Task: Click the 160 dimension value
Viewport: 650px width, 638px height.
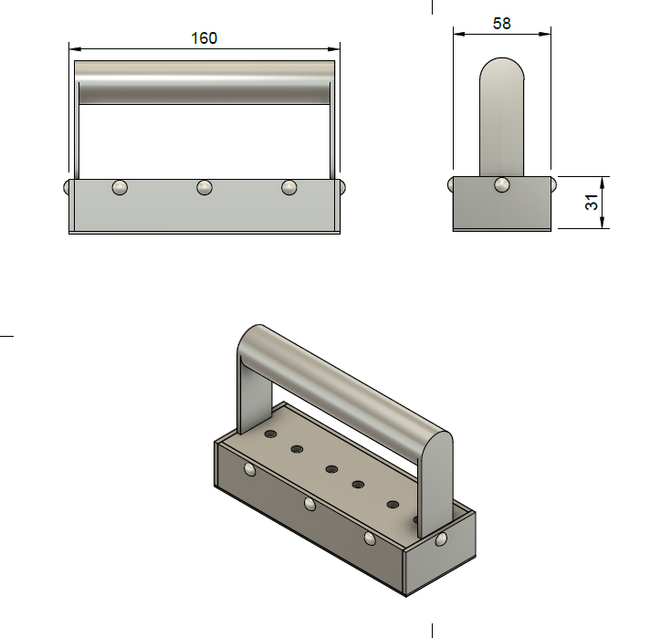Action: (204, 37)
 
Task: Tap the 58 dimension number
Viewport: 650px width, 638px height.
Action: (501, 24)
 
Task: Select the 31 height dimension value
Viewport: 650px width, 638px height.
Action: (593, 203)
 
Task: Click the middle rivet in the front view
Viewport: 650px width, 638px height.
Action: (204, 187)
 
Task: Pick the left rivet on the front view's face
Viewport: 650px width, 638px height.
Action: (120, 187)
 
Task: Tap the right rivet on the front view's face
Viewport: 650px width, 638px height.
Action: (289, 187)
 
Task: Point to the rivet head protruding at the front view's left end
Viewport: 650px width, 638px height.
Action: (67, 186)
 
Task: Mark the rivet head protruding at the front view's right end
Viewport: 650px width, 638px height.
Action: (342, 186)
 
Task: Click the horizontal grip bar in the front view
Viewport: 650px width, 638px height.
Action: (204, 83)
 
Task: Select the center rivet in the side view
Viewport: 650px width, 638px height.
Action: (501, 185)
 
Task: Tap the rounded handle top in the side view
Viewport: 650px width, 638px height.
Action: (501, 73)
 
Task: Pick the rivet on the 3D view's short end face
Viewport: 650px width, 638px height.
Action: (442, 539)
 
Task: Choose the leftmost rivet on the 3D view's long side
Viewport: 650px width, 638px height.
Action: (249, 470)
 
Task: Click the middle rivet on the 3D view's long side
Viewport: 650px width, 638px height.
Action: (309, 504)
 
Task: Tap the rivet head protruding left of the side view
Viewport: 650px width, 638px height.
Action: (451, 185)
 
